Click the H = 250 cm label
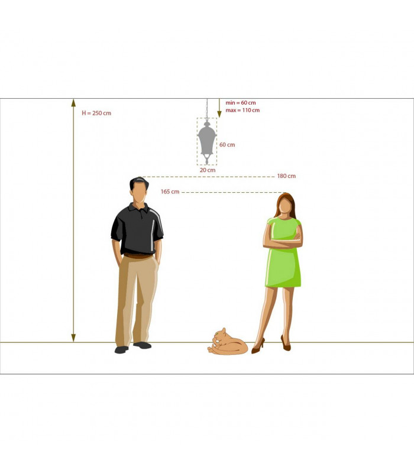point(96,113)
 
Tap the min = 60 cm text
point(241,103)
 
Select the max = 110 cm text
point(242,110)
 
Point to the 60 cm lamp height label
point(227,145)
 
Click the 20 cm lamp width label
point(208,170)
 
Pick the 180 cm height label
point(286,176)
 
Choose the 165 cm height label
point(170,192)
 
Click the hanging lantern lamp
point(207,142)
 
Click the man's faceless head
point(139,190)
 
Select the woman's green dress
point(283,252)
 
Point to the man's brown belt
point(138,256)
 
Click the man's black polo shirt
point(137,229)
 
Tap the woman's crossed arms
point(283,241)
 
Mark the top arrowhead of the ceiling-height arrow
point(73,103)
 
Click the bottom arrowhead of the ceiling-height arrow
point(73,338)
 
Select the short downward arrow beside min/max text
point(219,108)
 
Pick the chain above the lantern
point(207,109)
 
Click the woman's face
point(285,206)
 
